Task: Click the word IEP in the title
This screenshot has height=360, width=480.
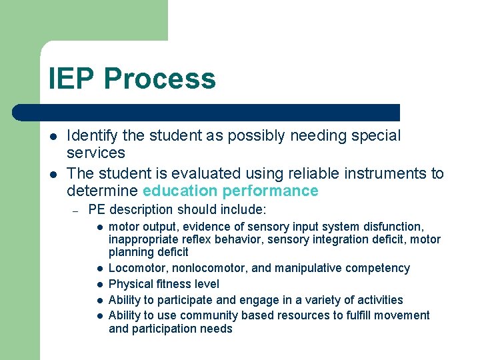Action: pos(72,79)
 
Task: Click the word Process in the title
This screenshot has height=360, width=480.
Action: pos(160,79)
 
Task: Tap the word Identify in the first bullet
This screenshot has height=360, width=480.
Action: pos(93,136)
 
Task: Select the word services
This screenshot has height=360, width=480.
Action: pos(96,153)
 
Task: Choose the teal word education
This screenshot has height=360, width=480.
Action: pos(180,191)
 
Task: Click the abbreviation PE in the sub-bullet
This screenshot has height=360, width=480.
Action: pos(97,210)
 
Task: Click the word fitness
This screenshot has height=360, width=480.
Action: pos(173,284)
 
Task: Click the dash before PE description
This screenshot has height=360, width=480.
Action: pos(76,211)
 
